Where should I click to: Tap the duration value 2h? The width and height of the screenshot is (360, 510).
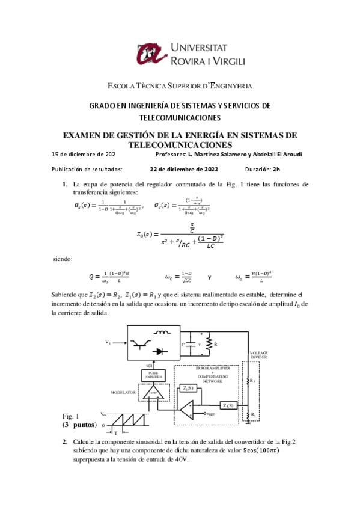coord(277,170)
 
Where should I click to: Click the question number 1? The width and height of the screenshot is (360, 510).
coord(65,183)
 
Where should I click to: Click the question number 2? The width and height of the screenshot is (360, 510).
coord(65,442)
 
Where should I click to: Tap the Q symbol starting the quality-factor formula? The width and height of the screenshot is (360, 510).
coord(91,277)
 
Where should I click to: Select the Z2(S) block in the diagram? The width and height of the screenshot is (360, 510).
coord(228,404)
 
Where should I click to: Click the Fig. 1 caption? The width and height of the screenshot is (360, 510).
coord(70,416)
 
